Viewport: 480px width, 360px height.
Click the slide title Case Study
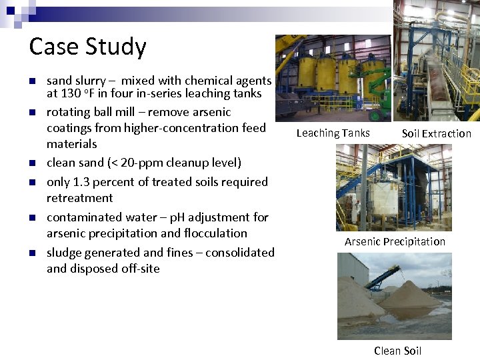(x=87, y=47)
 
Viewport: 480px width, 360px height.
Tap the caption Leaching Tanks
(x=333, y=133)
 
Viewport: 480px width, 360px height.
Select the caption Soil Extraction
(x=436, y=133)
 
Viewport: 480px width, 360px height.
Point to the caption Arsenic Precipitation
(x=395, y=241)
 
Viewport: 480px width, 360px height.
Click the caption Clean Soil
(x=397, y=351)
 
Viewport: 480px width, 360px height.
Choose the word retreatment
(x=79, y=198)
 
